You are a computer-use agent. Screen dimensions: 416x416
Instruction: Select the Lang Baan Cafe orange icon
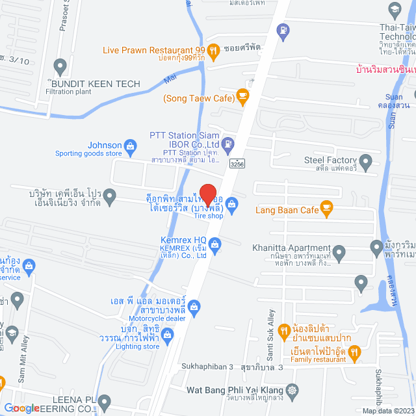click(x=326, y=209)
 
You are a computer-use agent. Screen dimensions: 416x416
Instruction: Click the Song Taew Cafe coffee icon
click(x=242, y=97)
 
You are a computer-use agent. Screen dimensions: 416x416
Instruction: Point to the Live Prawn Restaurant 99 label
click(x=148, y=50)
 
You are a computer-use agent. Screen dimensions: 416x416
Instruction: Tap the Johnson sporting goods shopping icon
click(x=130, y=145)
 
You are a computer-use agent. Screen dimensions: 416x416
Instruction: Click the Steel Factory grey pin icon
click(x=365, y=161)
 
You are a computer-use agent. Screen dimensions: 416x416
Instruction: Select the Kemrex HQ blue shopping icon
click(x=216, y=244)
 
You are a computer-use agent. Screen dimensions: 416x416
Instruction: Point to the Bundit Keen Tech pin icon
click(x=60, y=66)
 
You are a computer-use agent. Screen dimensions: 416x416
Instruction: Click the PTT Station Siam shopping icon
click(x=227, y=142)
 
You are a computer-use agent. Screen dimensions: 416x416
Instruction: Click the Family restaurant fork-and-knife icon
click(x=354, y=354)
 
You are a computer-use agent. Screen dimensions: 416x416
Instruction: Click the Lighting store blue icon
click(x=168, y=335)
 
